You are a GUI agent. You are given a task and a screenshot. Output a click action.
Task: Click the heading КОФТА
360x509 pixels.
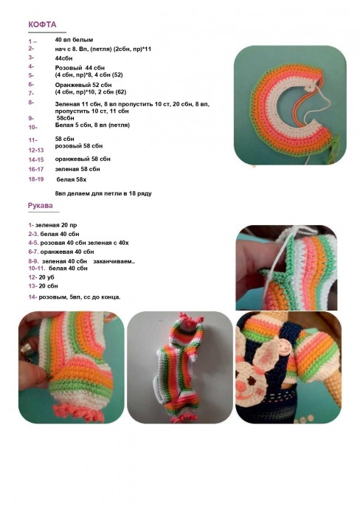[42, 24]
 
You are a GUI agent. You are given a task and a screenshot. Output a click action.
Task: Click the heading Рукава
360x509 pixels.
[41, 206]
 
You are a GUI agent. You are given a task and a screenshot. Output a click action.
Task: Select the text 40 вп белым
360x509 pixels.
[74, 40]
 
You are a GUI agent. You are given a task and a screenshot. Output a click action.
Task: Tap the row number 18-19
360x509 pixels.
[36, 179]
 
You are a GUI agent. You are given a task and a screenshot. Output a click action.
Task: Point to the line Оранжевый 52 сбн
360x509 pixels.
[83, 85]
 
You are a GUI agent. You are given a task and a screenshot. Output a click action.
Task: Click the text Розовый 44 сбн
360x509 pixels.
[80, 68]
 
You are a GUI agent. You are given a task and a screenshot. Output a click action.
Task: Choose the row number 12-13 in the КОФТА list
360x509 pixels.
[36, 150]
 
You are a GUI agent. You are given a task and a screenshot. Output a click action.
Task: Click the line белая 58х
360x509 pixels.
[72, 179]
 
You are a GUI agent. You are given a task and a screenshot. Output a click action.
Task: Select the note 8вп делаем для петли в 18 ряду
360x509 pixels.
[103, 193]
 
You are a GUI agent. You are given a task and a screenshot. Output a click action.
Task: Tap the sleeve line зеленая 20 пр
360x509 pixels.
[52, 225]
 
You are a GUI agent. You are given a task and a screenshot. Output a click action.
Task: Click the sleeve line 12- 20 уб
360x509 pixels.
[41, 277]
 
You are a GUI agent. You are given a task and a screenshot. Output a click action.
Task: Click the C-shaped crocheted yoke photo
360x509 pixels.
[290, 105]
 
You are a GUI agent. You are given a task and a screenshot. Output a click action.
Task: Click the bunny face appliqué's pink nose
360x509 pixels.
[240, 385]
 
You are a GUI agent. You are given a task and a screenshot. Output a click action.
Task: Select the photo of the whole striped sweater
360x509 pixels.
[179, 367]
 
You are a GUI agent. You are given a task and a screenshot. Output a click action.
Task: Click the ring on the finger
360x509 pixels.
[27, 350]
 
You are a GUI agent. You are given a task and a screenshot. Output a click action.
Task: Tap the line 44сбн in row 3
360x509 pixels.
[63, 58]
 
